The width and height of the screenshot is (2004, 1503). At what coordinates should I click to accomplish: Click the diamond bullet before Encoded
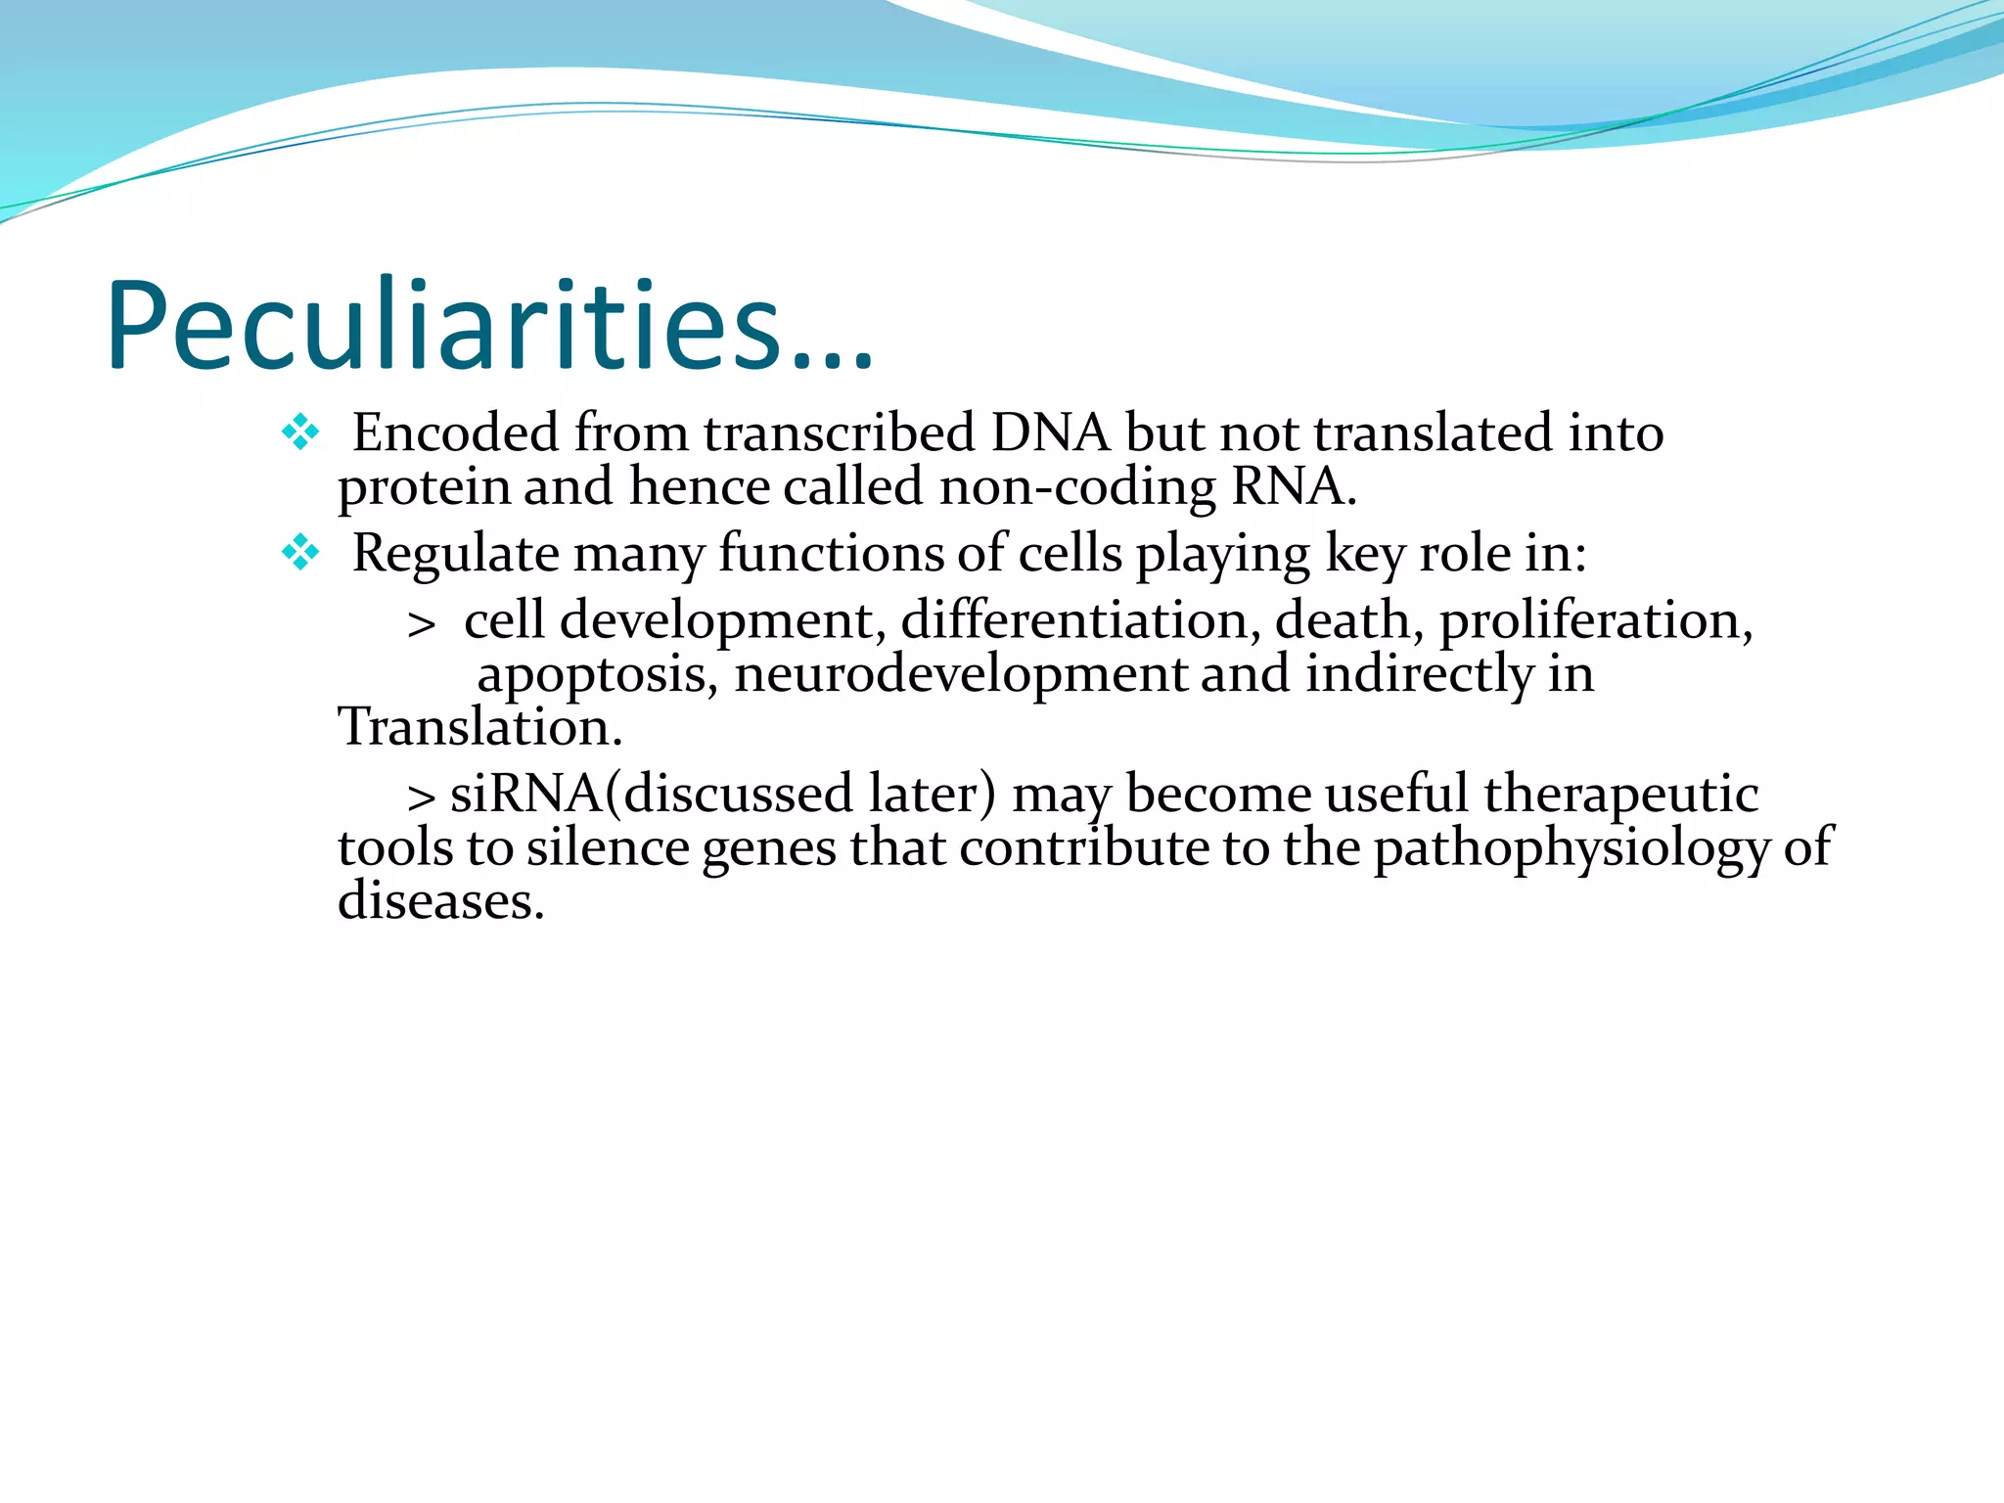click(299, 432)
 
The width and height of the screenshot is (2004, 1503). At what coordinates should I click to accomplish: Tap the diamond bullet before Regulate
click(299, 553)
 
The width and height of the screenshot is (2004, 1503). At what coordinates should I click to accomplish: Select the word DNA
click(1050, 433)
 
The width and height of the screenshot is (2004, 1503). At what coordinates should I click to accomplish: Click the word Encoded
click(455, 433)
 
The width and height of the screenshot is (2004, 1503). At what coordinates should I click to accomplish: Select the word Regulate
click(455, 554)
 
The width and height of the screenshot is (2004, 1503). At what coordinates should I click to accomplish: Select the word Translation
click(479, 727)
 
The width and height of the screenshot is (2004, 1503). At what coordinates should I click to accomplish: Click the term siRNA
click(525, 793)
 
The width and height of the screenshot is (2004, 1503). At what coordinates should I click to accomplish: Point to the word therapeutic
click(1620, 794)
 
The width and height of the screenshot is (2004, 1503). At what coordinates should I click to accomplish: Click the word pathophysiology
click(1571, 847)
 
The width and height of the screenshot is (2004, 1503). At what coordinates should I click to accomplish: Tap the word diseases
click(439, 900)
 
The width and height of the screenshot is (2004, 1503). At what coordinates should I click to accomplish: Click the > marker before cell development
click(422, 624)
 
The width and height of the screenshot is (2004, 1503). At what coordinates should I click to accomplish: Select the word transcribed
click(840, 433)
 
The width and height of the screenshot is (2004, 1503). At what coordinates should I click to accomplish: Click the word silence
click(608, 847)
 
